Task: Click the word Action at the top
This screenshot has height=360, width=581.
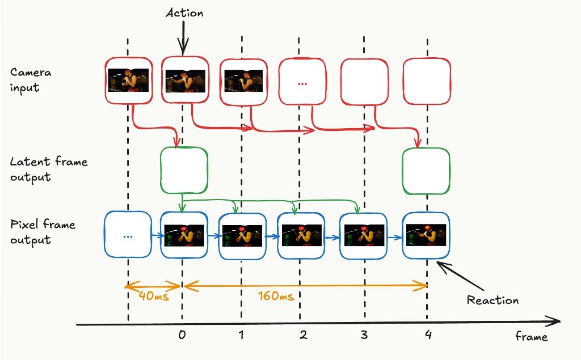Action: click(x=184, y=12)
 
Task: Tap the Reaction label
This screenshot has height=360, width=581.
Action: click(x=492, y=300)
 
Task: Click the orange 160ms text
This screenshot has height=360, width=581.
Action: click(x=275, y=297)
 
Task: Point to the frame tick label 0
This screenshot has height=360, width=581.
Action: click(x=182, y=335)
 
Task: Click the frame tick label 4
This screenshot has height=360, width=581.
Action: click(x=427, y=335)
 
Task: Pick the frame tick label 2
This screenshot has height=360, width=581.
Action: click(x=303, y=335)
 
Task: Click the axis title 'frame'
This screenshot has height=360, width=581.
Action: click(x=531, y=337)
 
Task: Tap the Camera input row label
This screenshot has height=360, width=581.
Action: click(x=31, y=80)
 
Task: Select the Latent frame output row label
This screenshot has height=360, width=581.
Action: click(x=48, y=169)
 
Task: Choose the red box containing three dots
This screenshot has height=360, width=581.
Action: click(x=302, y=82)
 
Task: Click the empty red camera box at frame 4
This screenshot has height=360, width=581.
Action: click(x=426, y=82)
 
